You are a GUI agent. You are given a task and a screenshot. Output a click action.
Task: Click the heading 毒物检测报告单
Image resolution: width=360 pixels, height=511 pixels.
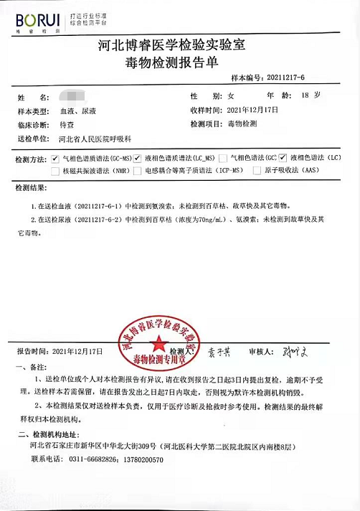click(x=180, y=63)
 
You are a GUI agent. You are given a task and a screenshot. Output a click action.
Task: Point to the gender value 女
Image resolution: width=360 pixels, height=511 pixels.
click(x=231, y=95)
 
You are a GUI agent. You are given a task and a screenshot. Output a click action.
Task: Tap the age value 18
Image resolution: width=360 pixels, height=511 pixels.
click(x=306, y=95)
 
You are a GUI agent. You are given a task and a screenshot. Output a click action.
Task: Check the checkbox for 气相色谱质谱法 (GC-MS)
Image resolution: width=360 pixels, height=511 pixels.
click(x=55, y=157)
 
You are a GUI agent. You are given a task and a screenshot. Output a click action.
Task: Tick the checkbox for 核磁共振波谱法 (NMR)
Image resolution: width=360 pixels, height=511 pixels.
click(x=55, y=171)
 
